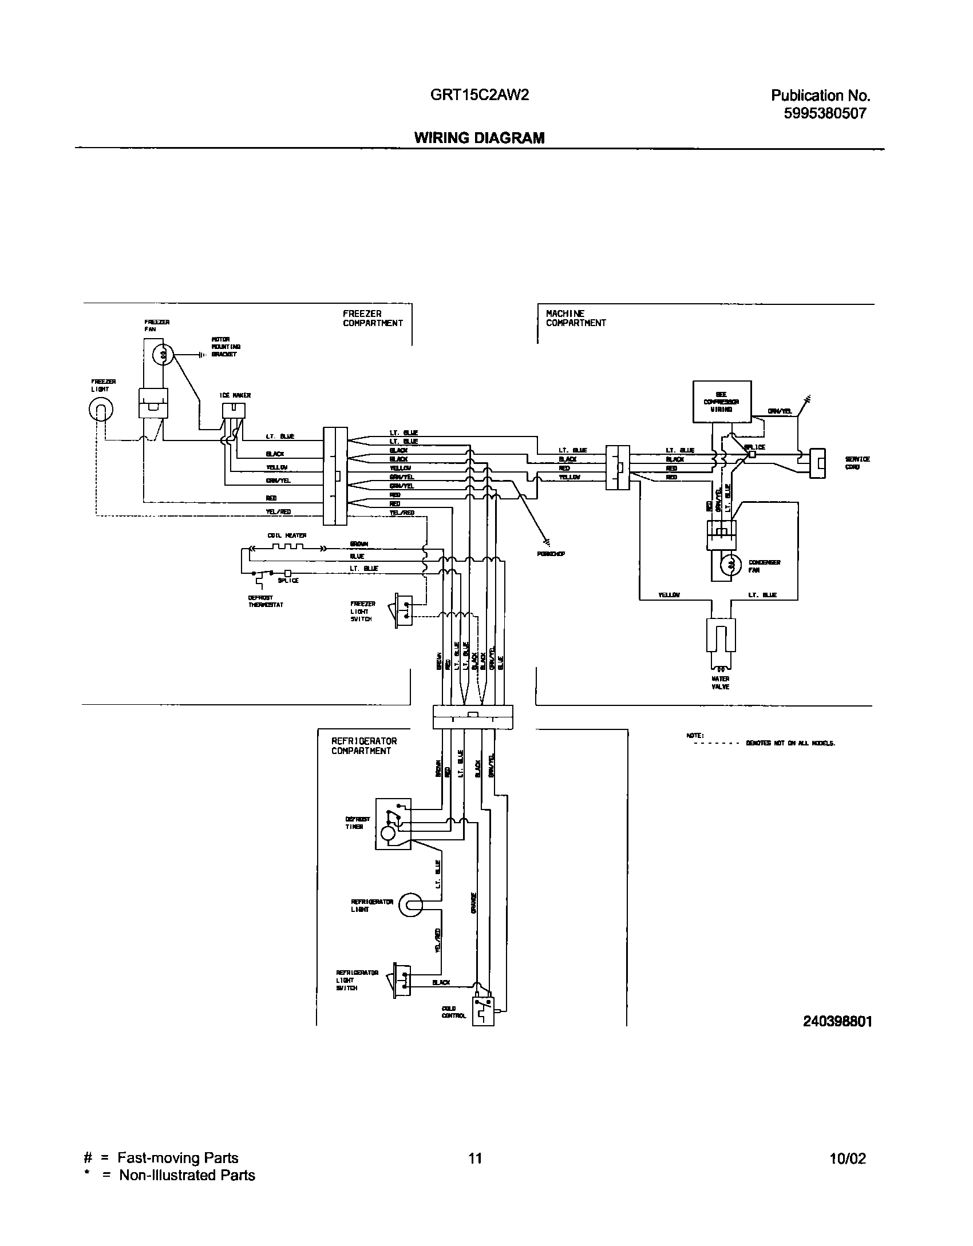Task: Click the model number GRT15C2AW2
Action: click(479, 96)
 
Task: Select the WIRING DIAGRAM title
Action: click(479, 138)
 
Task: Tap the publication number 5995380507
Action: click(825, 113)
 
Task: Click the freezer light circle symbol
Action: click(101, 410)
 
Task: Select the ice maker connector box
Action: click(234, 411)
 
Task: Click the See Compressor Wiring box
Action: click(722, 402)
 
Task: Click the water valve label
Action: click(720, 682)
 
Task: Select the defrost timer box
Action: click(393, 824)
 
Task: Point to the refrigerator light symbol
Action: click(411, 905)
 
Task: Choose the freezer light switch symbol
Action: click(403, 611)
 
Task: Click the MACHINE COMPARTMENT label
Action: click(575, 318)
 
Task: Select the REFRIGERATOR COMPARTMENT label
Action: click(364, 746)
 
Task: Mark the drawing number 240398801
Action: click(837, 1022)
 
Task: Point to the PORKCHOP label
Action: click(551, 554)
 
